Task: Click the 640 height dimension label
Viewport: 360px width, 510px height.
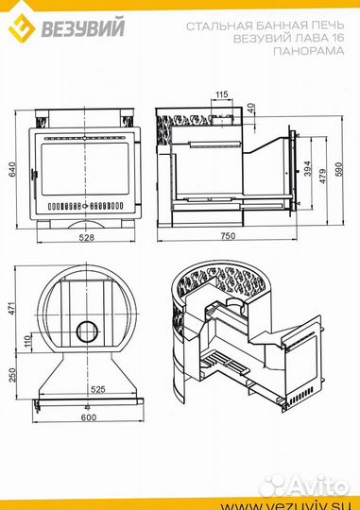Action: coord(11,169)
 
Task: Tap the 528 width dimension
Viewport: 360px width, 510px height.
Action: coord(87,237)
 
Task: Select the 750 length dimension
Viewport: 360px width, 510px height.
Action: coord(228,235)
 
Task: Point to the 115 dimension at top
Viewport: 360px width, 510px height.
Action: coord(222,94)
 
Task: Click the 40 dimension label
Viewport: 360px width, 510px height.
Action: coord(250,108)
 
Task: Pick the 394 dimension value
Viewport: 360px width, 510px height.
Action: coord(308,168)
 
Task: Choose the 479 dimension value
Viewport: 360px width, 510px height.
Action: coord(322,177)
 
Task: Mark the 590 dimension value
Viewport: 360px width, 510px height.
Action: coord(338,169)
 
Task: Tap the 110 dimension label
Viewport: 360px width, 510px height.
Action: coord(27,341)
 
